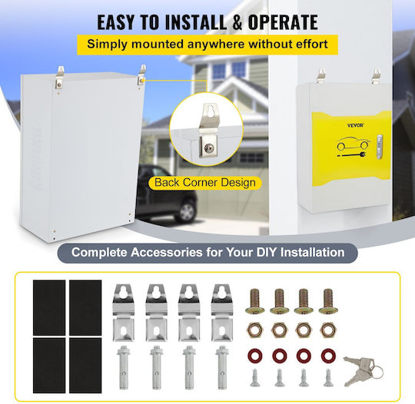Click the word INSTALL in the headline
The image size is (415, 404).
click(196, 22)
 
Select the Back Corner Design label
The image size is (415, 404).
click(205, 183)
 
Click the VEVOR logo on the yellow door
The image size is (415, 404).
click(356, 125)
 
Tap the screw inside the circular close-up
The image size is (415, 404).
click(209, 148)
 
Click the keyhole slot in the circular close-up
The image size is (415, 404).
click(211, 111)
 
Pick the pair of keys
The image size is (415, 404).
click(363, 370)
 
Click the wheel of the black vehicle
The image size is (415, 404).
click(187, 212)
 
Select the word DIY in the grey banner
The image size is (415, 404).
click(267, 252)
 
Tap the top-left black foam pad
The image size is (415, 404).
click(49, 307)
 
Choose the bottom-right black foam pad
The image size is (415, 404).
click(85, 365)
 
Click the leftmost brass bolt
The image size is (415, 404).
click(255, 301)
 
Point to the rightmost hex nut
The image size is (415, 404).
click(328, 330)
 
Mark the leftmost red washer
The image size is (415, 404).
click(255, 356)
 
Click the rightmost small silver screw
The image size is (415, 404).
click(328, 378)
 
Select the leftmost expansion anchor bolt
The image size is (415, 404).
click(123, 367)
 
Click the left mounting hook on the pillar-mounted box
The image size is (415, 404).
click(321, 76)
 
